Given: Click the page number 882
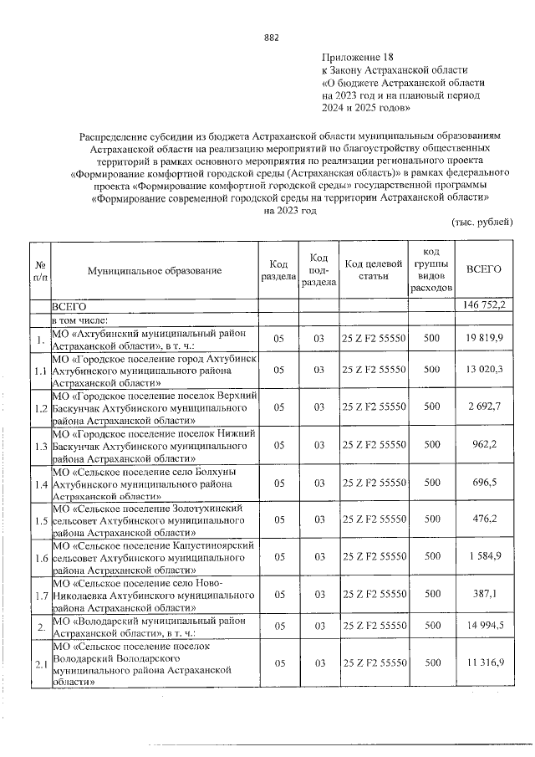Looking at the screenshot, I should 271,38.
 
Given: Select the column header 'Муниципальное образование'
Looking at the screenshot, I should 154,270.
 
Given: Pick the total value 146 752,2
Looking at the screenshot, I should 484,307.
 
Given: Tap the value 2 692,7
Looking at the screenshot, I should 488,407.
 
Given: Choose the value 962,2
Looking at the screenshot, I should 491,445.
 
